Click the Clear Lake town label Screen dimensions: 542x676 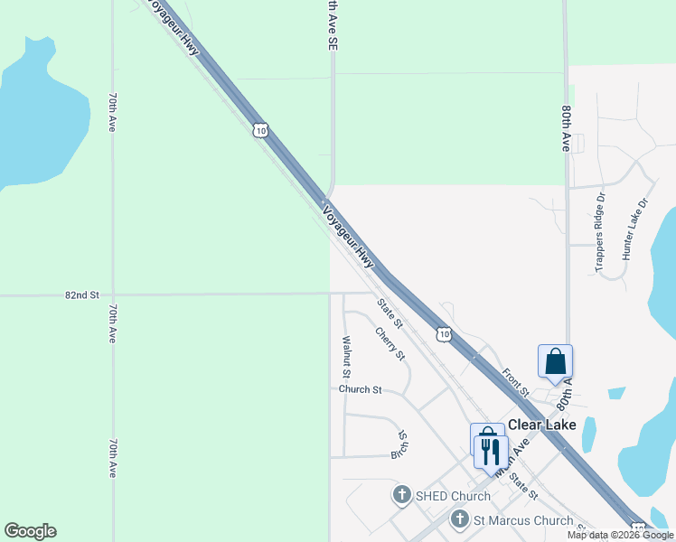[543, 425]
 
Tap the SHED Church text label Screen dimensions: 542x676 [453, 496]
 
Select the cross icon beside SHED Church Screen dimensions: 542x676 [402, 495]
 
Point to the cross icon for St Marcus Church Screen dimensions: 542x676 [460, 519]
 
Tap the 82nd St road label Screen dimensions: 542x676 [81, 295]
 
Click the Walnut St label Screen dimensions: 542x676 [346, 356]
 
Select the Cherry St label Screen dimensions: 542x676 [390, 343]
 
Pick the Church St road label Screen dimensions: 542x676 [361, 389]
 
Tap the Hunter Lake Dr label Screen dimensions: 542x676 [635, 230]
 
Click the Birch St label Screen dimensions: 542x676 [399, 444]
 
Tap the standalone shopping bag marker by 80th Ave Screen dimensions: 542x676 [555, 360]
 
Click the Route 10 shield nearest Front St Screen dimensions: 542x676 [443, 335]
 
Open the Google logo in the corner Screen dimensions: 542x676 [30, 531]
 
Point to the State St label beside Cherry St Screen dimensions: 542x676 [390, 313]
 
